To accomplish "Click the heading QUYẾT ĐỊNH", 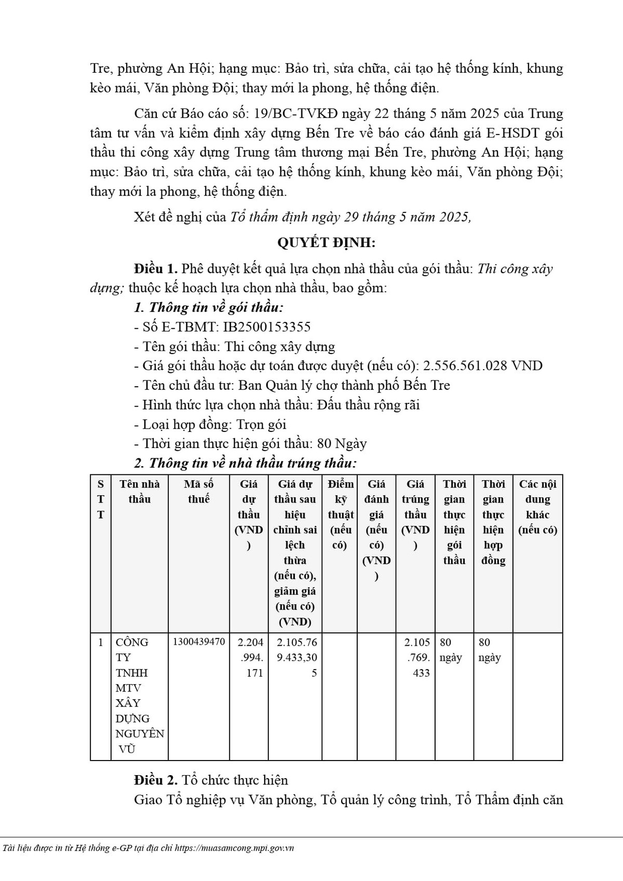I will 326,242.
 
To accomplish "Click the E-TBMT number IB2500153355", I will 266,327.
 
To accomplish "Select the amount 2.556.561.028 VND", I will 483,365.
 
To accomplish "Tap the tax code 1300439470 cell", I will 199,642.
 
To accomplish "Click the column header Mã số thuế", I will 199,491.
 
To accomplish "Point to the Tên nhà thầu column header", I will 140,491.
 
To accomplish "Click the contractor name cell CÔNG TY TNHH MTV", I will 139,695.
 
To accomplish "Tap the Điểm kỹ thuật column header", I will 341,514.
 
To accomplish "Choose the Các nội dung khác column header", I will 537,506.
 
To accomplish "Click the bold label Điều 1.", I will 156,269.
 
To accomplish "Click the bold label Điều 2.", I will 156,780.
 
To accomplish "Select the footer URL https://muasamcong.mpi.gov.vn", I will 235,848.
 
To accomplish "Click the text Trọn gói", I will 261,424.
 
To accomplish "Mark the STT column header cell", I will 101,499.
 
